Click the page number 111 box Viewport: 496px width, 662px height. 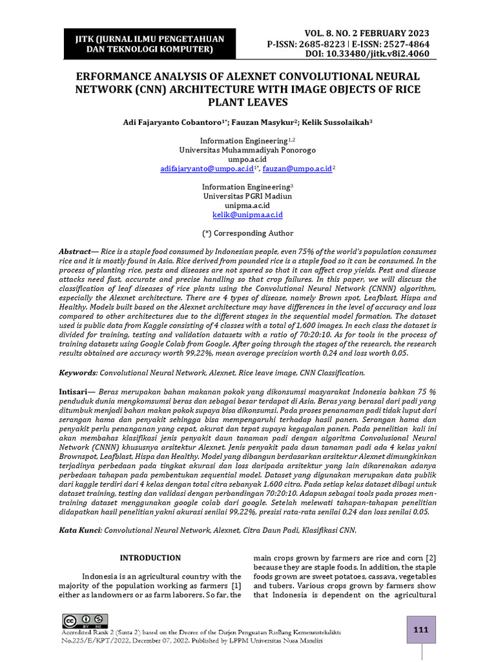(420, 629)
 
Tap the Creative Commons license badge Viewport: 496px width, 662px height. (85, 621)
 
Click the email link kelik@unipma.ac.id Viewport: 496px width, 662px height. (247, 214)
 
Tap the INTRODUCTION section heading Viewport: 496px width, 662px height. (151, 557)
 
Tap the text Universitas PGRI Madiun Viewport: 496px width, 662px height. (247, 196)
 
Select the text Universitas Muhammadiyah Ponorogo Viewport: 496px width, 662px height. (247, 150)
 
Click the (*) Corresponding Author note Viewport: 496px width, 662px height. (247, 233)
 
